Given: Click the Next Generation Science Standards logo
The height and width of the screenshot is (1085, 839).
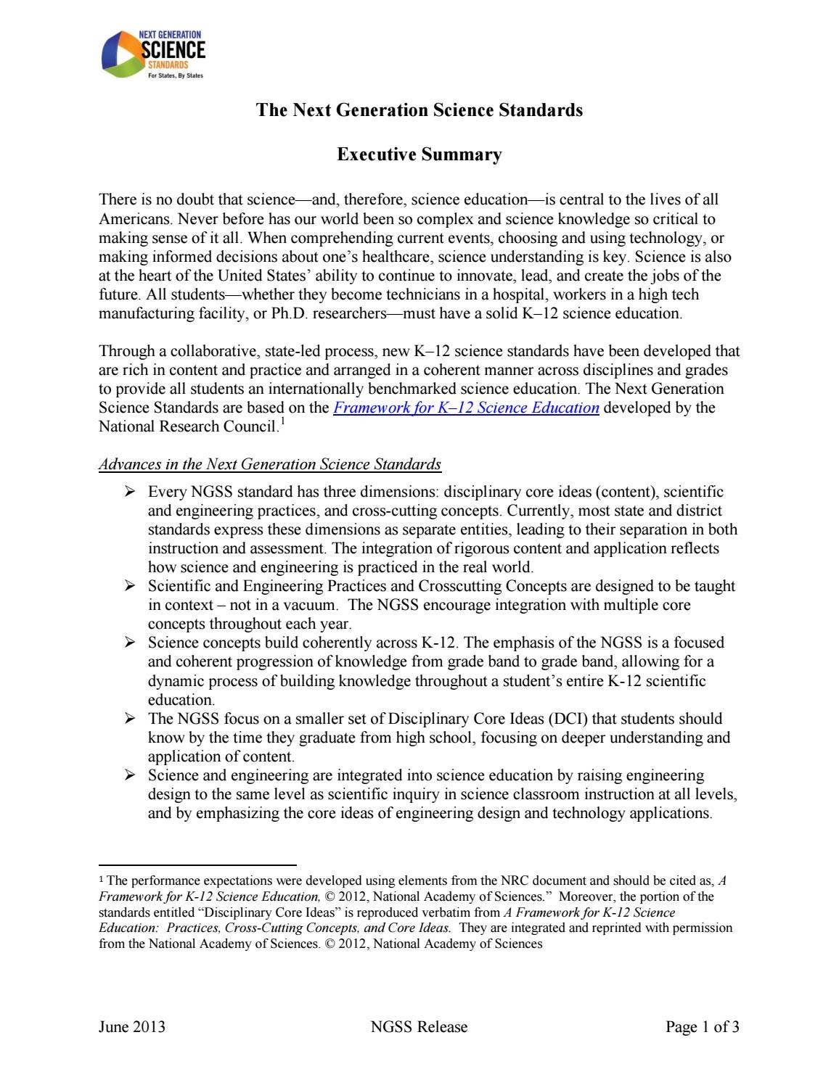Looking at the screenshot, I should click(x=153, y=55).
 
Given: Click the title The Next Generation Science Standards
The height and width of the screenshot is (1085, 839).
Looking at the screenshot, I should click(x=419, y=110).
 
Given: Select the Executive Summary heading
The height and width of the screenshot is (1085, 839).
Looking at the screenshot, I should click(x=419, y=154).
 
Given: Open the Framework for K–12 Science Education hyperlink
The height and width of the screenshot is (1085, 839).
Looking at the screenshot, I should click(x=466, y=408).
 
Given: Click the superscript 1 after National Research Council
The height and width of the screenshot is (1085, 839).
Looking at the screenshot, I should click(x=282, y=421).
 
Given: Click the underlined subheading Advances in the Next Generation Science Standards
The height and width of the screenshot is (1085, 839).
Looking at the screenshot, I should click(x=269, y=464).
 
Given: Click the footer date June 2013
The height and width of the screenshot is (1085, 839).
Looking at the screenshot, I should click(x=131, y=1027).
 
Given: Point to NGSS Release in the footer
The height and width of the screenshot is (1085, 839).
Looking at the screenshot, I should click(x=419, y=1027).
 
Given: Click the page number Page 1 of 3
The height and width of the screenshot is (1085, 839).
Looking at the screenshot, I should click(x=703, y=1027).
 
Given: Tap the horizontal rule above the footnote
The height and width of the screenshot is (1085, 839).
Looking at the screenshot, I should click(x=197, y=865).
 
